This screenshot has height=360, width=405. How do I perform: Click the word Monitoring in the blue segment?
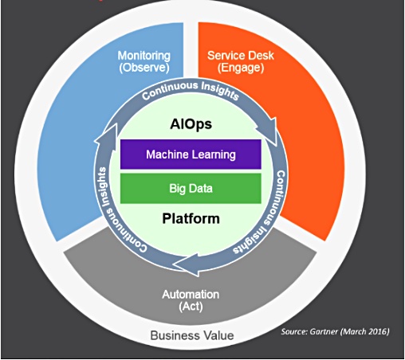[x=144, y=56]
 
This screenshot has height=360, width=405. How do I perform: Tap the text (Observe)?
[x=144, y=68]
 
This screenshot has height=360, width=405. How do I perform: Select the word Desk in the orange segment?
[x=260, y=56]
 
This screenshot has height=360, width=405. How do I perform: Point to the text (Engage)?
[x=241, y=68]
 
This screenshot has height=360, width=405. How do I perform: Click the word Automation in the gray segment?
[x=191, y=295]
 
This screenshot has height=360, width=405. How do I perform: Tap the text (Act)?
[x=191, y=307]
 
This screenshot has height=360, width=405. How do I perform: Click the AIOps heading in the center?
[x=191, y=124]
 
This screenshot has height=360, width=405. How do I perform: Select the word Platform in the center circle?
[x=191, y=218]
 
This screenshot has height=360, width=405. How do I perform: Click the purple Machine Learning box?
[x=191, y=155]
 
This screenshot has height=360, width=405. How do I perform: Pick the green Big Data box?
[x=191, y=189]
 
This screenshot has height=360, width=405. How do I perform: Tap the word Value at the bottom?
[x=217, y=335]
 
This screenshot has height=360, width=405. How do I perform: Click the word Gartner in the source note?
[x=324, y=331]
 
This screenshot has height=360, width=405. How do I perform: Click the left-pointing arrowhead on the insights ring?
[x=186, y=264]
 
